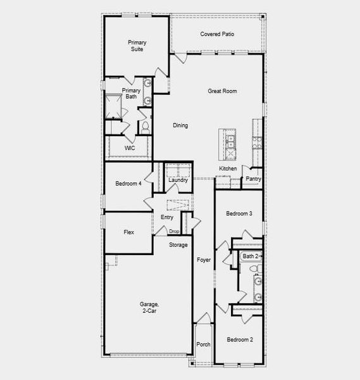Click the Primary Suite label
click(137, 46)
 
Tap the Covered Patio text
click(217, 34)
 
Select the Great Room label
click(222, 91)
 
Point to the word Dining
click(180, 125)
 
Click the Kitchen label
click(228, 168)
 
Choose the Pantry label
click(254, 179)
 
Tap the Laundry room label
click(178, 180)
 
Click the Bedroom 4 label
click(128, 184)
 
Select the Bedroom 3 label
click(239, 214)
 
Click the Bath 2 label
click(251, 256)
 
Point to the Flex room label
click(128, 232)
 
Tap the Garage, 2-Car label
click(149, 308)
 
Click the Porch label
click(203, 345)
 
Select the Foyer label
click(203, 260)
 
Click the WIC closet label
click(130, 148)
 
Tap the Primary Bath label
click(131, 94)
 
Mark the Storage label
click(178, 244)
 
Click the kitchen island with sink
click(230, 144)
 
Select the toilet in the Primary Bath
click(146, 127)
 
